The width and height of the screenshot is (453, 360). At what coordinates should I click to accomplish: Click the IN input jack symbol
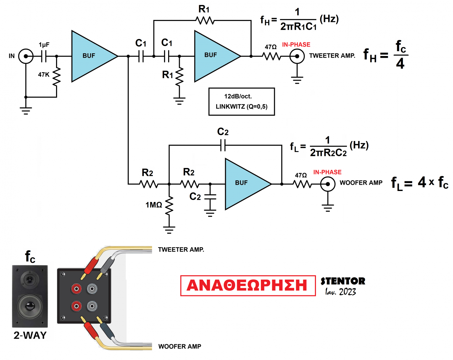(x=26, y=56)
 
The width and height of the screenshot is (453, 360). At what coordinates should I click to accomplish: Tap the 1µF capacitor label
(x=44, y=45)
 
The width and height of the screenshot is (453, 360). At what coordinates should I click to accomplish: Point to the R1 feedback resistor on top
(x=205, y=21)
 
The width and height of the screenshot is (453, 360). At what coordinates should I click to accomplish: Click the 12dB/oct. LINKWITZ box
(x=242, y=102)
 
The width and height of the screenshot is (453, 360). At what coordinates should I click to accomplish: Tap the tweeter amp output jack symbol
(x=297, y=56)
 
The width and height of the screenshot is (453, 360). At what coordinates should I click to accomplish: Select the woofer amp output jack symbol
(x=328, y=184)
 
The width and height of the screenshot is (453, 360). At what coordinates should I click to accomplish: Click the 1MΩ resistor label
(x=154, y=205)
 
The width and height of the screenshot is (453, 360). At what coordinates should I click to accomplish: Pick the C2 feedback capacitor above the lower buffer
(x=223, y=145)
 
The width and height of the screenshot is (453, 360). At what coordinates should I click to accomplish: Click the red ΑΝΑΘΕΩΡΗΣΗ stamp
(x=248, y=285)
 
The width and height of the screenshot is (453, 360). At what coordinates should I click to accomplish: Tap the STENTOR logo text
(x=343, y=281)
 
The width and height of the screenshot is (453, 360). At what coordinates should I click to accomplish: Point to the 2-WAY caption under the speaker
(x=30, y=335)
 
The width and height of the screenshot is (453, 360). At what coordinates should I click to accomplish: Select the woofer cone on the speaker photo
(x=30, y=306)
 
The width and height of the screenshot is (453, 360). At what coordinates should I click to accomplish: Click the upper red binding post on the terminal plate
(x=76, y=288)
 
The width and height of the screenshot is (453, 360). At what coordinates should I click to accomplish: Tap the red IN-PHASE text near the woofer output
(x=327, y=172)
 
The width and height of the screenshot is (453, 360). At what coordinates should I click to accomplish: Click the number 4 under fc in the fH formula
(x=400, y=63)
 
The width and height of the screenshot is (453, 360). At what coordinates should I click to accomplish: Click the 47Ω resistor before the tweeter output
(x=272, y=56)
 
